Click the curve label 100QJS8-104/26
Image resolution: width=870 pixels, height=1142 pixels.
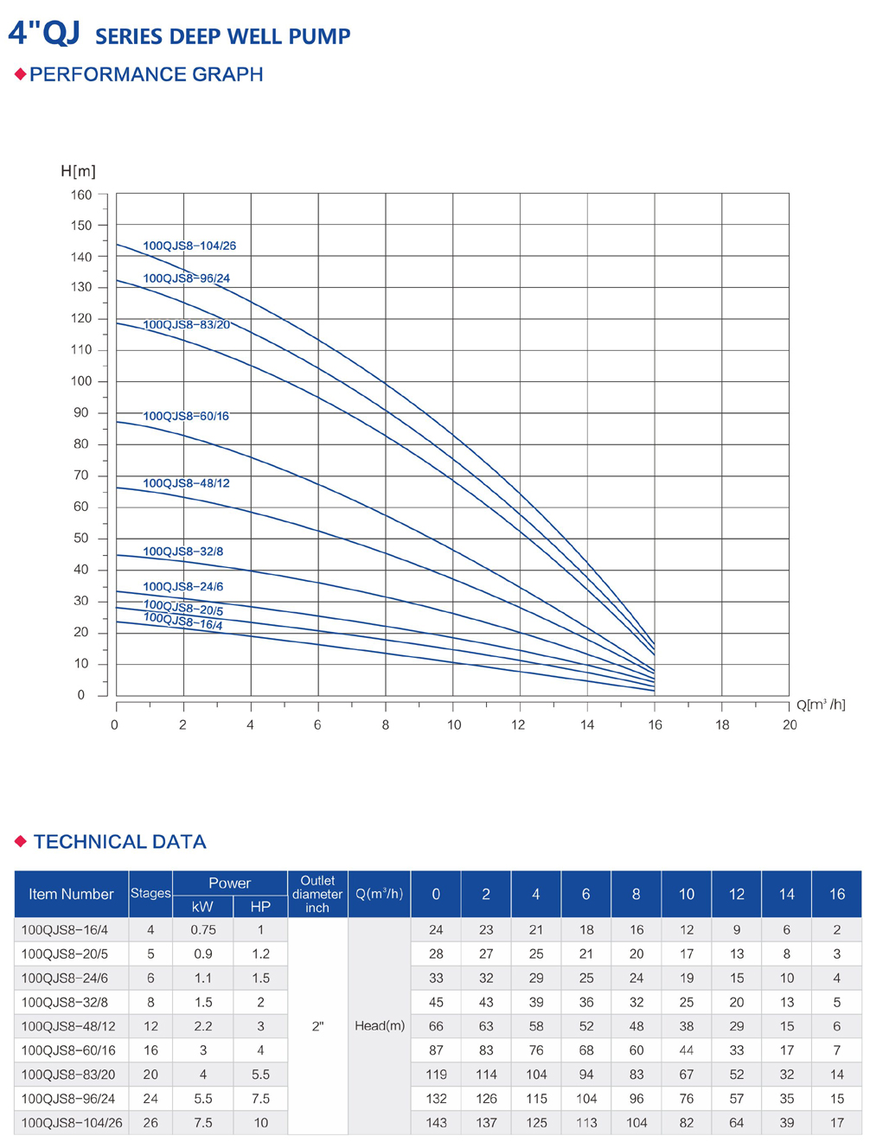pos(189,246)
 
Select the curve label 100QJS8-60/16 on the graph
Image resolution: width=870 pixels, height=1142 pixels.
pos(186,416)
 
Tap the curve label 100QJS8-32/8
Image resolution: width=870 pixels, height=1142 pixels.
pos(182,552)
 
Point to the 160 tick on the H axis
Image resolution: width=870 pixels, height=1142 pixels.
pos(81,195)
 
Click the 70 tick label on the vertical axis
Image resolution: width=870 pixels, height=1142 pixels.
pos(81,475)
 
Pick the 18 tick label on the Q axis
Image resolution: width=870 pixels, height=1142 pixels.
pos(722,725)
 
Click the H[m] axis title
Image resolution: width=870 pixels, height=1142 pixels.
pos(78,171)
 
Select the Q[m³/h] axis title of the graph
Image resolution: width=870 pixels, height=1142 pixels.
pos(821,705)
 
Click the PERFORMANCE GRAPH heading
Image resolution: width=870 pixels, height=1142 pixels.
pos(146,74)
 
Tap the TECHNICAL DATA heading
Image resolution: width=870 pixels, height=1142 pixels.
pos(119,842)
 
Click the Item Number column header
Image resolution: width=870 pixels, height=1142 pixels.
pos(71,894)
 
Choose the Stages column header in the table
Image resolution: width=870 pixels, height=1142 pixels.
pos(150,894)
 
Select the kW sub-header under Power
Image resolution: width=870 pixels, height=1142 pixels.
pos(202,907)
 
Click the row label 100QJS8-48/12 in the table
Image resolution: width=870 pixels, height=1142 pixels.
pos(68,1026)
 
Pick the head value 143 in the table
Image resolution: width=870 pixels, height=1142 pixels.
pos(436,1123)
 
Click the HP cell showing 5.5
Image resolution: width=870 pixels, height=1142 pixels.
pos(260,1075)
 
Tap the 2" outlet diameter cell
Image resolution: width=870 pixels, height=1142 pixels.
pos(317,1026)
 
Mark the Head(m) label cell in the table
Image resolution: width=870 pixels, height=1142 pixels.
pos(380,1026)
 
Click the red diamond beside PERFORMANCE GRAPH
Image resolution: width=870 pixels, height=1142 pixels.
pos(21,74)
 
